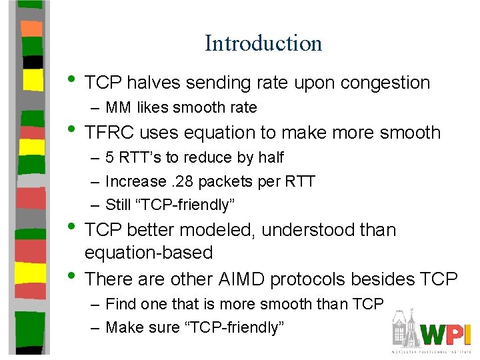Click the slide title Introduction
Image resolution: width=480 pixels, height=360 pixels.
click(263, 43)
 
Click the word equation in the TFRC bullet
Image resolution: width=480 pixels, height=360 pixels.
click(219, 133)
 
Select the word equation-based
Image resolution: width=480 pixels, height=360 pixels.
click(149, 253)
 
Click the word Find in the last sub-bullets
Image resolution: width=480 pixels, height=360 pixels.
click(119, 304)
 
